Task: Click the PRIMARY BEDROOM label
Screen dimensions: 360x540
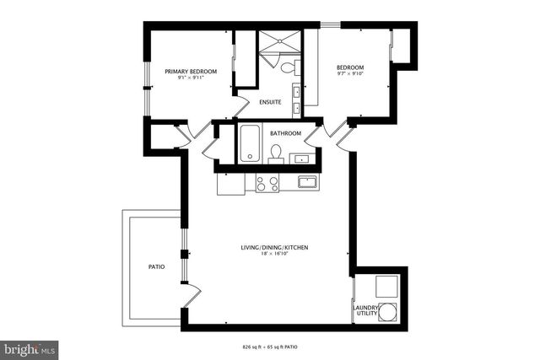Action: [x=191, y=72]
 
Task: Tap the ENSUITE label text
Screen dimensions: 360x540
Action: [x=270, y=103]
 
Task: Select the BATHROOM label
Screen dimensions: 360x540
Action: [x=285, y=133]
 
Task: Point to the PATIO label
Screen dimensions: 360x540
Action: [x=156, y=267]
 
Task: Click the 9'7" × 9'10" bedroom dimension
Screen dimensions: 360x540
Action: [x=350, y=75]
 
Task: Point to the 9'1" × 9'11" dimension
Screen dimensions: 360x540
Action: [x=191, y=78]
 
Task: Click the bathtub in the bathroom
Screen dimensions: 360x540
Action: [x=251, y=143]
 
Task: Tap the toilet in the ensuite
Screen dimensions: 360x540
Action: [x=287, y=68]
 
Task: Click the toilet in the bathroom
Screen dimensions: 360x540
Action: [x=275, y=153]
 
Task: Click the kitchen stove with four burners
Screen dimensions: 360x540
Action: [x=267, y=182]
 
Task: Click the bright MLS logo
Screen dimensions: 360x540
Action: [x=30, y=347]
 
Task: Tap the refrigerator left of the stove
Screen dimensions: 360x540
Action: [x=233, y=182]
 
